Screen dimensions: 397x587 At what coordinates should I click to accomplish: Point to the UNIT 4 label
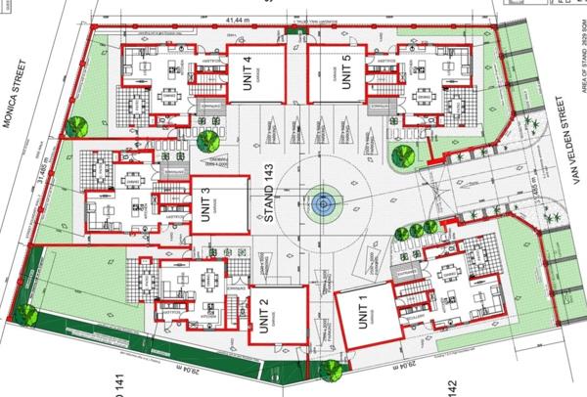(x=247, y=75)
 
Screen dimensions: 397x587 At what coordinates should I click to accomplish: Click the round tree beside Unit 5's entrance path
(x=401, y=154)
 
